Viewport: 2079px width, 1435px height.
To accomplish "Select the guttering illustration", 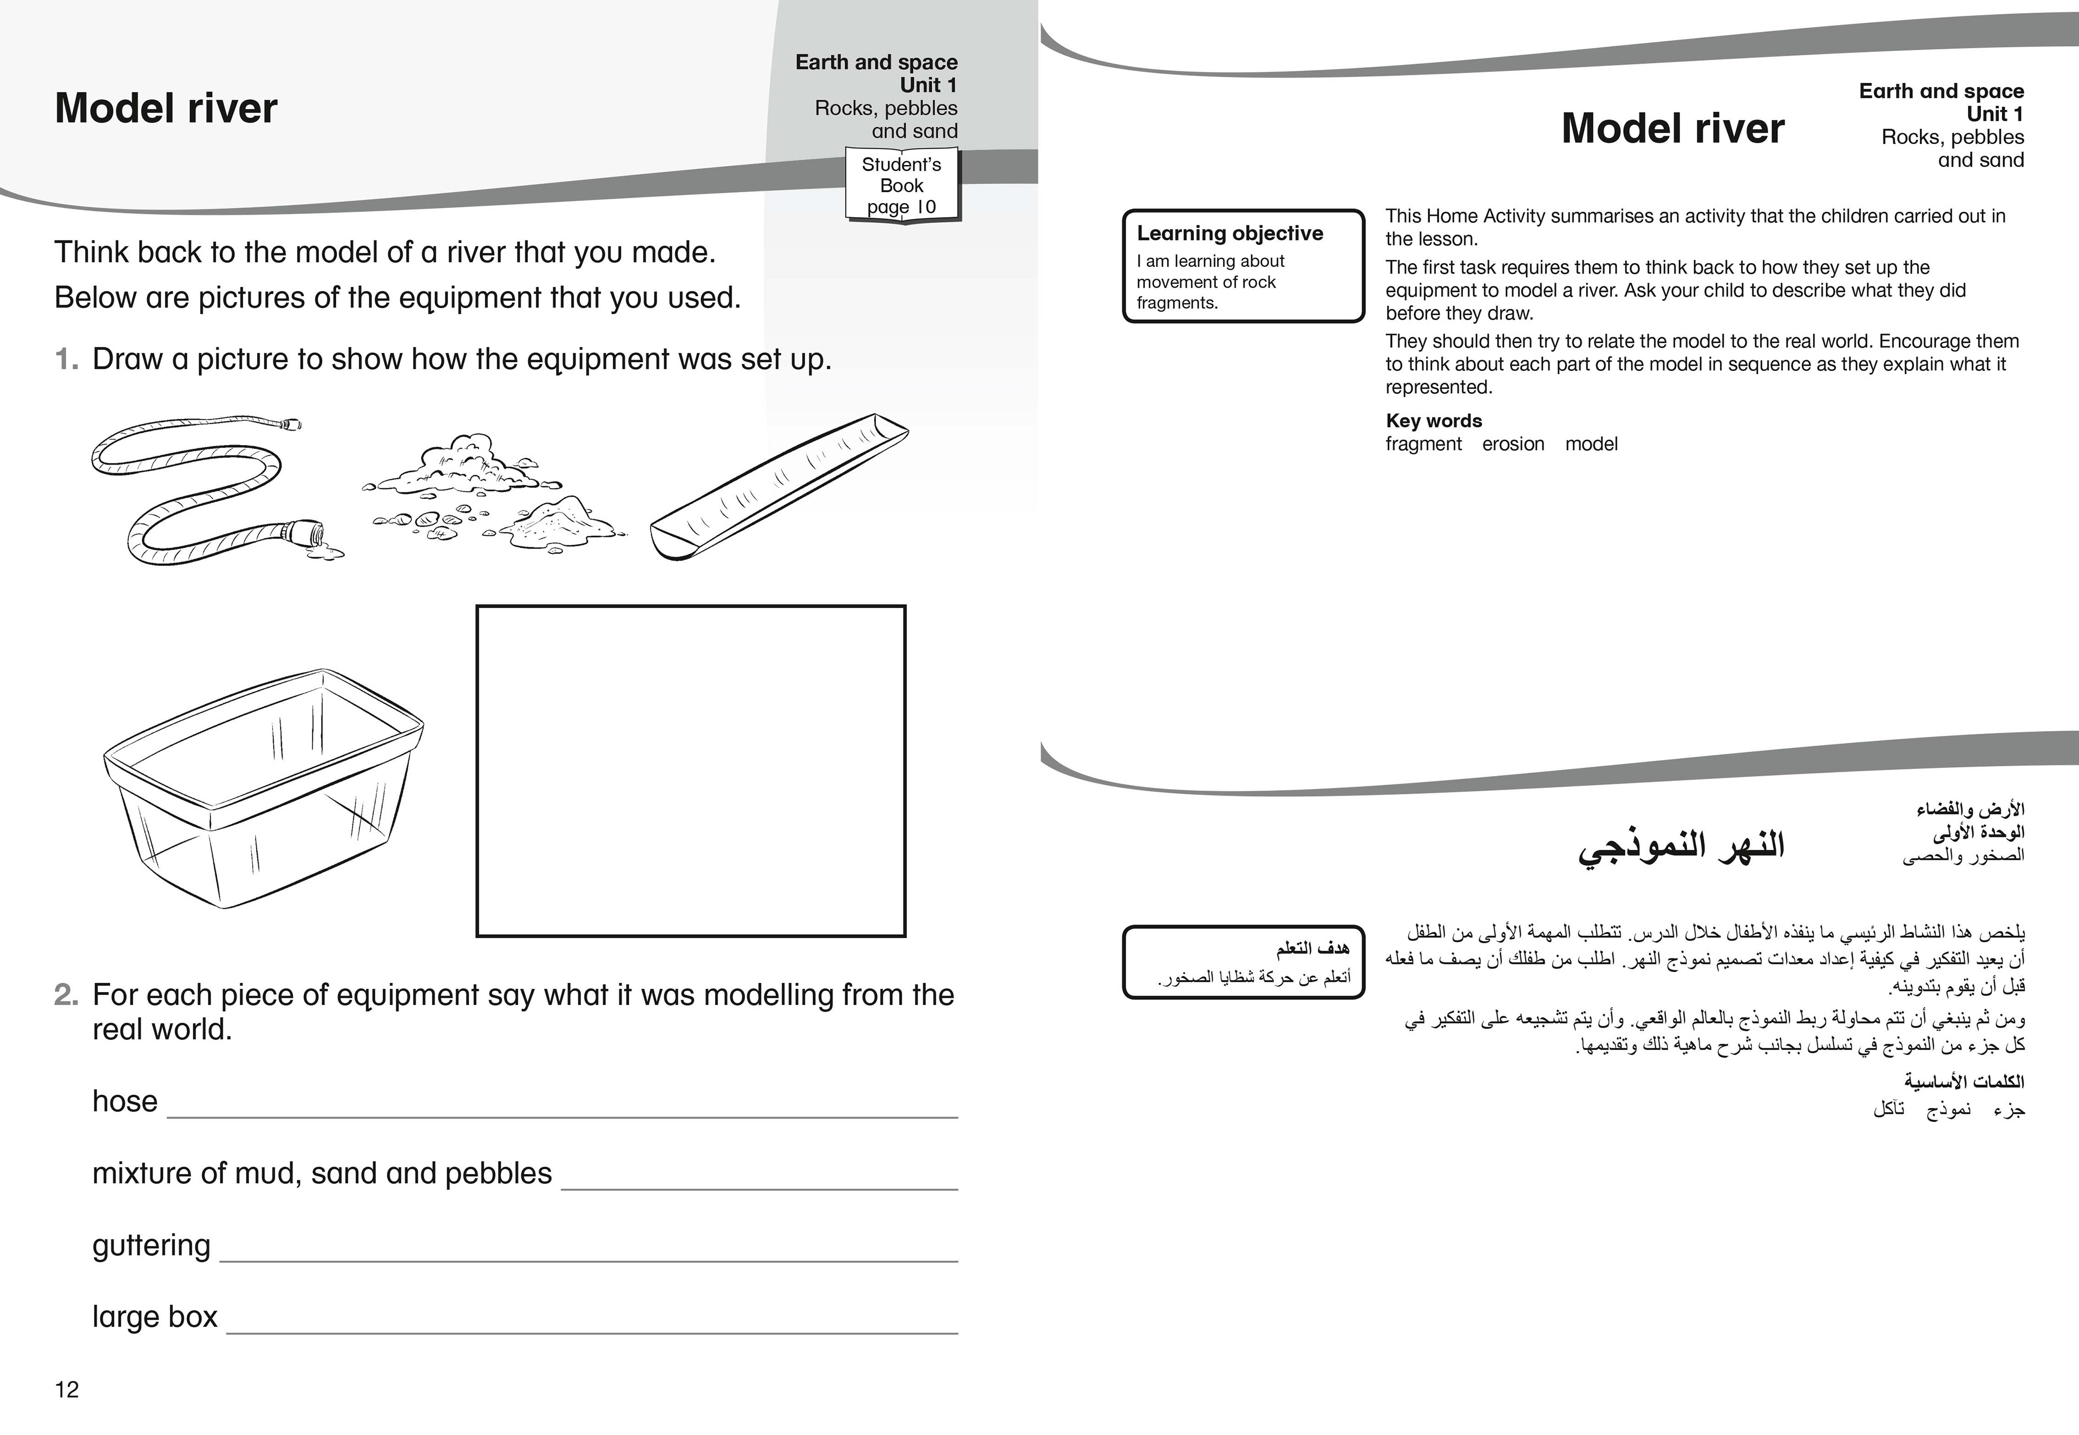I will (x=779, y=486).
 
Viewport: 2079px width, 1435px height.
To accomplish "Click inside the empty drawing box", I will (x=690, y=771).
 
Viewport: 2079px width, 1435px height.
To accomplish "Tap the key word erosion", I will (x=1513, y=444).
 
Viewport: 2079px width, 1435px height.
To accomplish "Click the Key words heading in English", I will (x=1434, y=421).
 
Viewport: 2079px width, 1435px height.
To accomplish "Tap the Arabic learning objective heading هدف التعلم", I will (x=1312, y=949).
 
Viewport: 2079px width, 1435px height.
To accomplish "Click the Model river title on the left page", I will (x=166, y=109).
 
